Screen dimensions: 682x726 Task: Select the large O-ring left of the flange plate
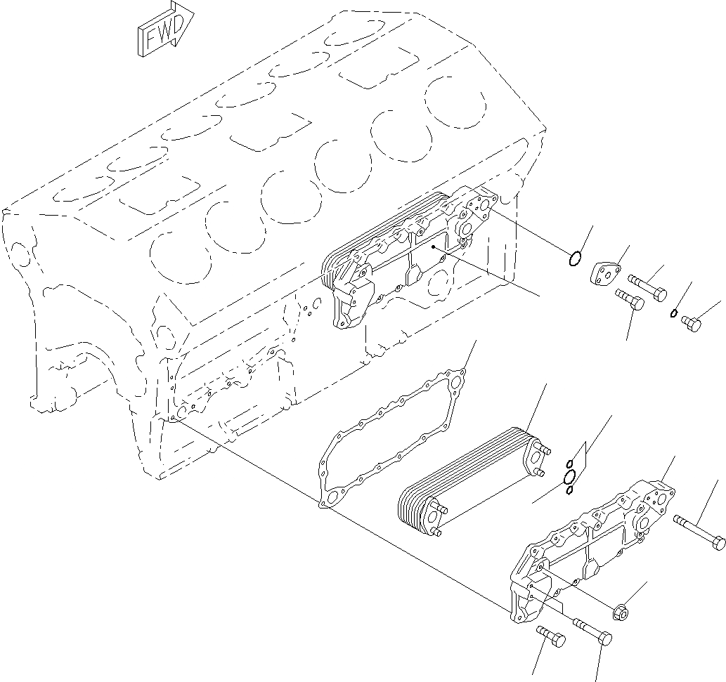pos(574,259)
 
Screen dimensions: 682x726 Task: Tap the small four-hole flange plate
pos(604,273)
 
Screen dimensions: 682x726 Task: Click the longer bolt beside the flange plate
pos(647,287)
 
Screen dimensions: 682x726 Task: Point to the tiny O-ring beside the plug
pos(673,313)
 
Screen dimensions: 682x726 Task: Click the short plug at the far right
pos(691,323)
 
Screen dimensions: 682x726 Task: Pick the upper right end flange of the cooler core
pos(532,452)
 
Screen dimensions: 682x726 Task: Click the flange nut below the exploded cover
pos(622,610)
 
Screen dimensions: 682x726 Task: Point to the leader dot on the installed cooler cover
pos(434,247)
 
